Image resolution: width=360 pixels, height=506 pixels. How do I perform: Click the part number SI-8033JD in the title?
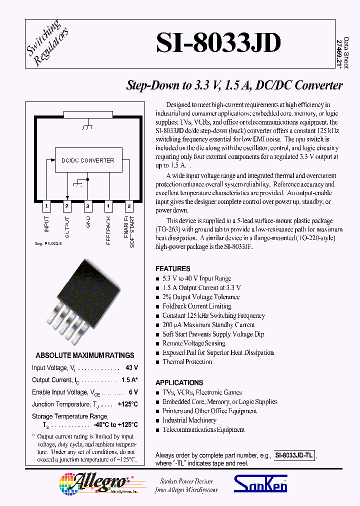click(x=218, y=43)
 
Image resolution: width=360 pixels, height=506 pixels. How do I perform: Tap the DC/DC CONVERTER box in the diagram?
click(x=88, y=160)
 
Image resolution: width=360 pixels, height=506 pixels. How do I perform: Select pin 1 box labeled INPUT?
click(x=46, y=205)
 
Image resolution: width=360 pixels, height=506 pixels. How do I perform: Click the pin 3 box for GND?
click(x=88, y=205)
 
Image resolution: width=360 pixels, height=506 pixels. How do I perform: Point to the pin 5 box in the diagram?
click(x=129, y=205)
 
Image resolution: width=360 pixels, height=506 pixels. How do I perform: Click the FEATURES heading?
click(x=172, y=268)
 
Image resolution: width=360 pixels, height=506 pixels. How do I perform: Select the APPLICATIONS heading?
click(x=179, y=382)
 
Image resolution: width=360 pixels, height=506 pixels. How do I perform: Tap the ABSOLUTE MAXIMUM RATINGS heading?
click(x=85, y=355)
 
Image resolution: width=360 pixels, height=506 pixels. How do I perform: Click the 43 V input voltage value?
click(x=131, y=368)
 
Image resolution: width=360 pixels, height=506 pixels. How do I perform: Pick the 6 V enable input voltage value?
click(x=133, y=392)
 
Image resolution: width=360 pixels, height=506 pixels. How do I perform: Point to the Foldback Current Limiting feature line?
click(x=196, y=306)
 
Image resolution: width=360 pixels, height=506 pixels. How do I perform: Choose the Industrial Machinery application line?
click(x=189, y=420)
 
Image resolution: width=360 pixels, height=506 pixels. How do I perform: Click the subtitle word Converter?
click(x=318, y=85)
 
